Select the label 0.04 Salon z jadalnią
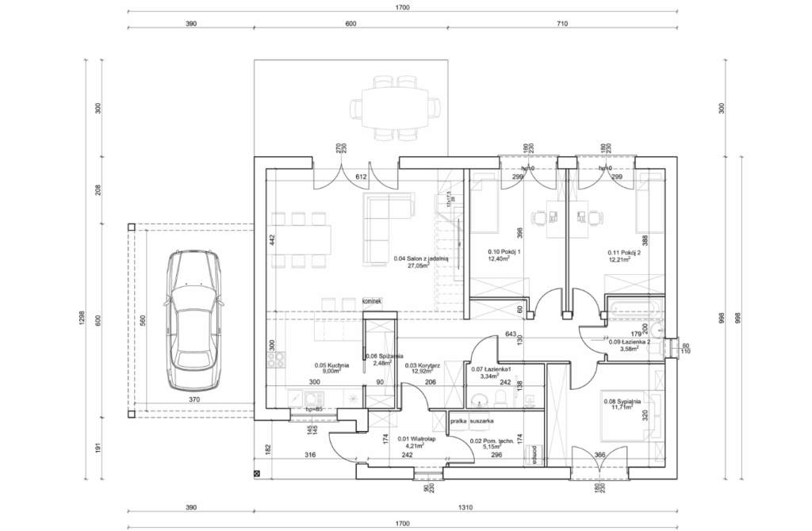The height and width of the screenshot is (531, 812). click(x=421, y=262)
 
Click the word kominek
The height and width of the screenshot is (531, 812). click(x=372, y=302)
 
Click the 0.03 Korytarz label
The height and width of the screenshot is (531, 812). click(x=423, y=369)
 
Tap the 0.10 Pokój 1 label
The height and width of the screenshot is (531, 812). click(x=503, y=256)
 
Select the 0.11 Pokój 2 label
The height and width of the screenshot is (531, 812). click(x=623, y=255)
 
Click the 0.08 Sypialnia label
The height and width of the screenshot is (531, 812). click(x=622, y=404)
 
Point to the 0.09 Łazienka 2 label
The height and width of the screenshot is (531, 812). click(x=629, y=345)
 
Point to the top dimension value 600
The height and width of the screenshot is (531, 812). click(x=350, y=25)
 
